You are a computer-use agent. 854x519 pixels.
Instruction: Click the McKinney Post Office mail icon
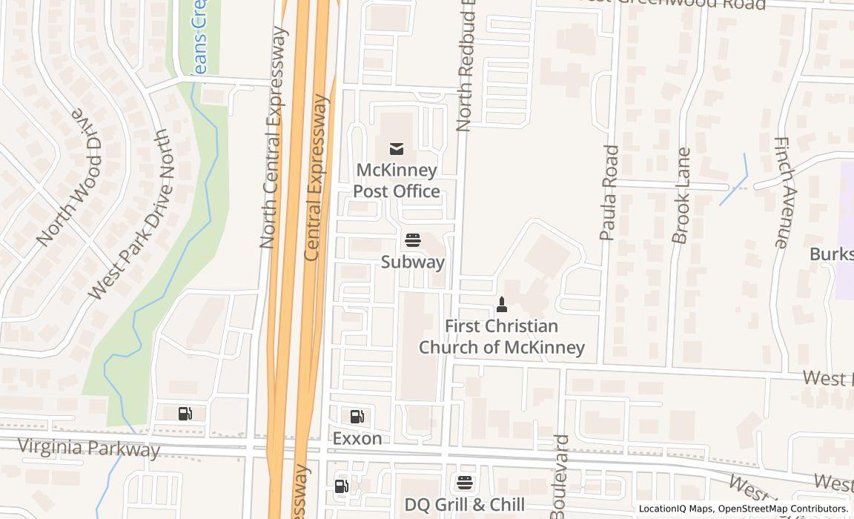[x=397, y=149]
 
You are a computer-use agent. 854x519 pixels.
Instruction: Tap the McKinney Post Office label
[x=397, y=181]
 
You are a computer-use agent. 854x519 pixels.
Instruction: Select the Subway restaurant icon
[x=413, y=240]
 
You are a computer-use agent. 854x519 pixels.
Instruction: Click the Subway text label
[x=413, y=262]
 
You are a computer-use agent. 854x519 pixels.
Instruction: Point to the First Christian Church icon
[x=502, y=304]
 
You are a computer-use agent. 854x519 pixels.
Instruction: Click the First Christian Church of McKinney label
[x=502, y=337]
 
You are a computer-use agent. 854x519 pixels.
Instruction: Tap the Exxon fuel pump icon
[x=357, y=417]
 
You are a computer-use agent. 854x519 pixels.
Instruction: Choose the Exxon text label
[x=357, y=438]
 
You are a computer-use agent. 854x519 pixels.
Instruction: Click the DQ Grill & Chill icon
[x=465, y=483]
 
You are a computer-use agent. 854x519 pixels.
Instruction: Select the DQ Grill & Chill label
[x=465, y=505]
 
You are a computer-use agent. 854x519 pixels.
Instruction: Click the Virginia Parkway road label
[x=88, y=448]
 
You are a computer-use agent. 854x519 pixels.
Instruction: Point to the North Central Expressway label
[x=271, y=137]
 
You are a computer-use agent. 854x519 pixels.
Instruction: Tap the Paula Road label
[x=609, y=193]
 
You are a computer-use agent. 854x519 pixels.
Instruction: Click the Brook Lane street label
[x=681, y=196]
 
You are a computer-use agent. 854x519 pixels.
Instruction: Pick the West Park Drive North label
[x=129, y=215]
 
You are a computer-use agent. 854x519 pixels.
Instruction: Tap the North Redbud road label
[x=465, y=67]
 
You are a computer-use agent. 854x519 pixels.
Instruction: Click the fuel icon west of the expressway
[x=185, y=414]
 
